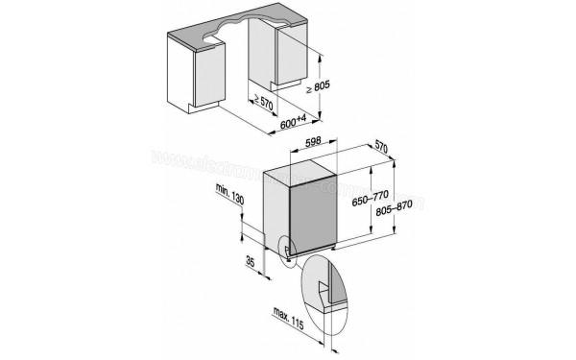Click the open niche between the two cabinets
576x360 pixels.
pos(240,82)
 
